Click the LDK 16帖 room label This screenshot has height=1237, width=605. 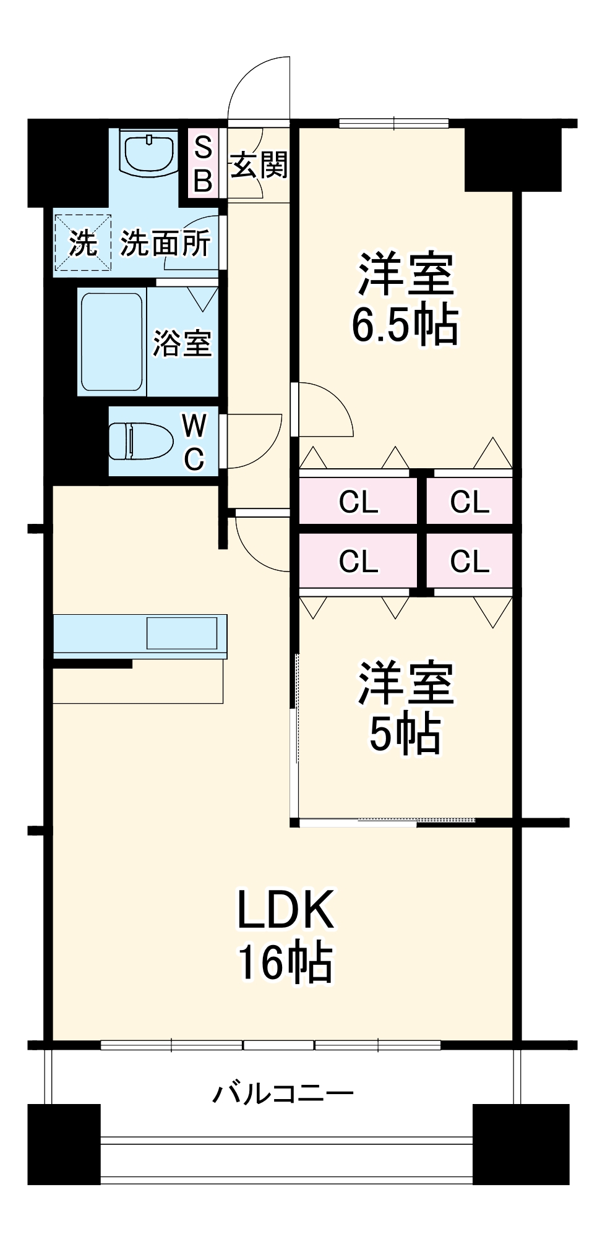click(286, 935)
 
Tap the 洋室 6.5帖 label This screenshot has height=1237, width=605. click(405, 299)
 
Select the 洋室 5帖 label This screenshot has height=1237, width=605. click(405, 708)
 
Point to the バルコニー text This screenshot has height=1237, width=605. click(283, 1093)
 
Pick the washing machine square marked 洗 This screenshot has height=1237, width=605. click(83, 242)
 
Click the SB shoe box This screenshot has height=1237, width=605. click(203, 164)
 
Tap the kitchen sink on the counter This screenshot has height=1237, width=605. click(182, 633)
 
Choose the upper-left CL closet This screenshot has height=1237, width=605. click(358, 501)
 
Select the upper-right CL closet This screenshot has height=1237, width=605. click(470, 501)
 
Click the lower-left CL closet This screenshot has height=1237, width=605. click(358, 561)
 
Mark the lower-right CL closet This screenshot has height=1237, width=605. click(470, 561)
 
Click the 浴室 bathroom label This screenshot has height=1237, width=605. click(182, 343)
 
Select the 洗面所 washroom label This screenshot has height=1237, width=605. click(165, 243)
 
